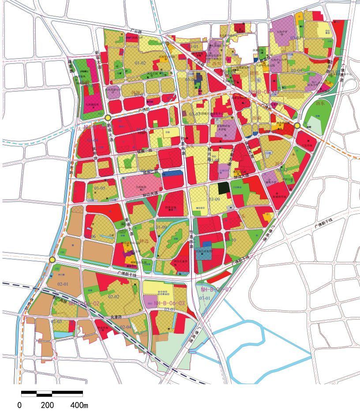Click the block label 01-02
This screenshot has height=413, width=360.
[x=140, y=63]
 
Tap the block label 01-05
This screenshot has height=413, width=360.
[x=100, y=189]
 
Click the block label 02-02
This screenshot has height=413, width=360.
[x=114, y=297]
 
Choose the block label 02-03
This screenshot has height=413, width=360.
[x=56, y=322]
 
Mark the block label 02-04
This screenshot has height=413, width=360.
[x=126, y=327]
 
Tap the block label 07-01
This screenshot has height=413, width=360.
[x=204, y=298]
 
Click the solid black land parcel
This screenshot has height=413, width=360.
[x=224, y=188]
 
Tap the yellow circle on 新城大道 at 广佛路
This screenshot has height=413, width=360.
[x=108, y=118]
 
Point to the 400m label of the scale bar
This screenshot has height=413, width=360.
[x=79, y=405]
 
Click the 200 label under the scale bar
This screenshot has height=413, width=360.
[x=47, y=405]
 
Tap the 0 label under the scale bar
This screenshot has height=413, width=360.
[x=19, y=405]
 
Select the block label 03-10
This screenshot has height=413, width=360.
[x=232, y=240]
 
